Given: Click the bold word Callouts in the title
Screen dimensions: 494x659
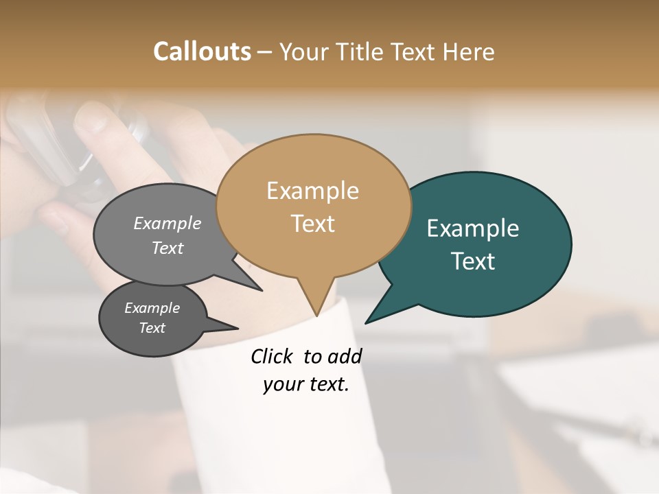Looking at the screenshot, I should point(202,51).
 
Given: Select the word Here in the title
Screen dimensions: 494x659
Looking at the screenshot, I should point(469,51).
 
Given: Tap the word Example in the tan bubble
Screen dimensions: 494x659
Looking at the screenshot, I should point(312,191).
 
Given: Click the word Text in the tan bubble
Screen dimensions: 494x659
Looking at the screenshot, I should point(312,224).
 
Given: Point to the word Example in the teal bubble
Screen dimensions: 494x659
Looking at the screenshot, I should point(472,228).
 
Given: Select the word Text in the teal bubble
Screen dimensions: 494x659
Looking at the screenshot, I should point(473,261).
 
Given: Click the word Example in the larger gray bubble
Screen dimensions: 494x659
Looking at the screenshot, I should point(167,223).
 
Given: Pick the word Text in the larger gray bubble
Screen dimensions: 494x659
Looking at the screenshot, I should point(167,248).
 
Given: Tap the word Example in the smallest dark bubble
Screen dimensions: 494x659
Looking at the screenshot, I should point(152,308).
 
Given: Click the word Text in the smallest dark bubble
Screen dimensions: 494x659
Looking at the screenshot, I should point(152,328).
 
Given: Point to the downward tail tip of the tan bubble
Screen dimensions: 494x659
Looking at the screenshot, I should point(316,314).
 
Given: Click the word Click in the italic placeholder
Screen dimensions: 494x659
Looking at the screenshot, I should point(273,356).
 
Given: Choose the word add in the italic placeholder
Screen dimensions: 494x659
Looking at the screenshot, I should point(344,356).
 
